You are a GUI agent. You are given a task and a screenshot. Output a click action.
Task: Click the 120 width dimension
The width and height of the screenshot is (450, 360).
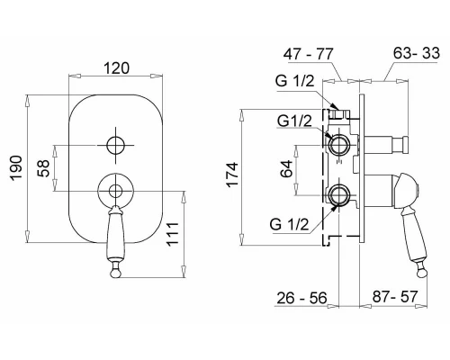(117, 68)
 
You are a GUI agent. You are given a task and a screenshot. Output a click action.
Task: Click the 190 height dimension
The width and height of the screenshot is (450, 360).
(16, 168)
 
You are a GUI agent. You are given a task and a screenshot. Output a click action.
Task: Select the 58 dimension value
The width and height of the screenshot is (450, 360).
(43, 168)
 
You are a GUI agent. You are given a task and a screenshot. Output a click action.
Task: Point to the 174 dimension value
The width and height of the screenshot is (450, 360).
(232, 175)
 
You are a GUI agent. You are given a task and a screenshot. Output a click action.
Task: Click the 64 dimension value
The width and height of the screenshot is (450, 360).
(286, 169)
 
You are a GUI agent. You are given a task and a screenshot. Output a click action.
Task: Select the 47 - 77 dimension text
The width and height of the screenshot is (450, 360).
(309, 54)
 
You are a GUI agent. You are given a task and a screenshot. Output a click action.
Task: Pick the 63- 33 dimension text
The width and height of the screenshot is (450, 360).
(417, 53)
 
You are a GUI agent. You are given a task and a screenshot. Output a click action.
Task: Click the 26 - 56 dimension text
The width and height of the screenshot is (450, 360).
(301, 298)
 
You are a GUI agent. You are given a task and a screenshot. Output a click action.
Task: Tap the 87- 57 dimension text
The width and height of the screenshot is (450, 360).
(395, 297)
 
